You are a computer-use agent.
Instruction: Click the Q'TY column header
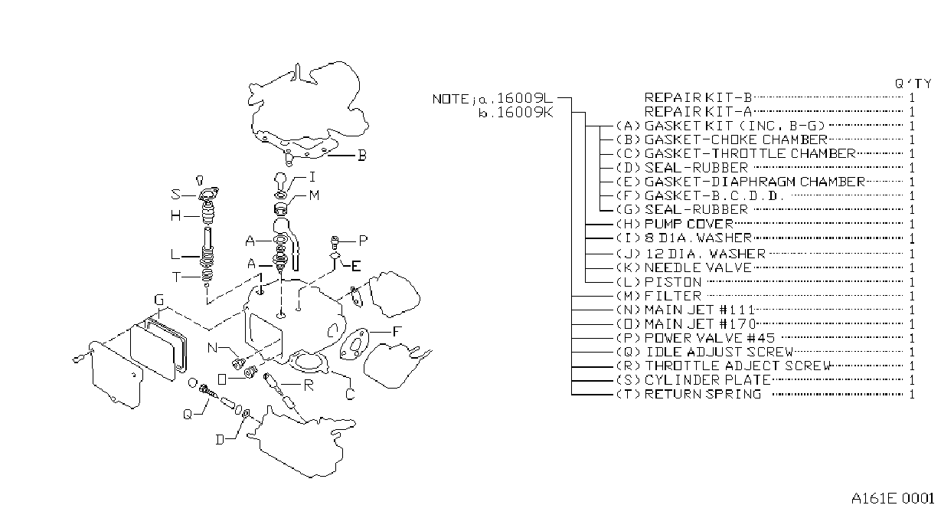pos(913,84)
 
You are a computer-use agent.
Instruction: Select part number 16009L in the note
pos(524,98)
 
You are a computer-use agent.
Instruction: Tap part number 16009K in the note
pos(524,113)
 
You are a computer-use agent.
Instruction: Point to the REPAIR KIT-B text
pos(698,97)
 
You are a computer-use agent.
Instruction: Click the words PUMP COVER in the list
pos(688,224)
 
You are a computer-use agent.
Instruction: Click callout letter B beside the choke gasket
pos(361,156)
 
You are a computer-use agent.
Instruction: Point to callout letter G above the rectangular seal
pos(158,300)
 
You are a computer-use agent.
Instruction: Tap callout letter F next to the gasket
pos(397,332)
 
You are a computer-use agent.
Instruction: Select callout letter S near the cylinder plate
pos(175,194)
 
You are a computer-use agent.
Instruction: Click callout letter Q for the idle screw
pos(188,414)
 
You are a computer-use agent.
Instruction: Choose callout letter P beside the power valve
pos(363,241)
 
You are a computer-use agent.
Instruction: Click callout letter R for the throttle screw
pos(309,385)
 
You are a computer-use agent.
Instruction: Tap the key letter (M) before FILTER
pos(628,296)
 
